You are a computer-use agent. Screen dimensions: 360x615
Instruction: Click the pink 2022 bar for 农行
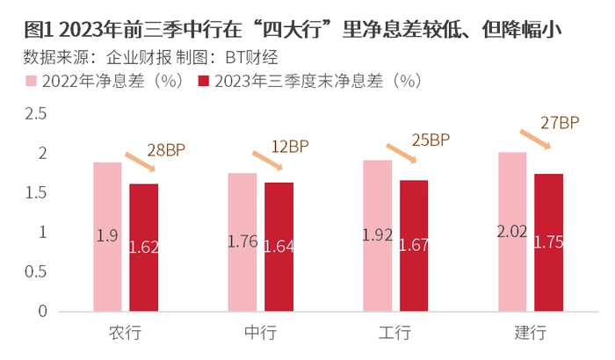(x=107, y=236)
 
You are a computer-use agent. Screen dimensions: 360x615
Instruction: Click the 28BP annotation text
(x=167, y=150)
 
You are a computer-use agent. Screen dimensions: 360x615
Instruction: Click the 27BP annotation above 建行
(x=561, y=123)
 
